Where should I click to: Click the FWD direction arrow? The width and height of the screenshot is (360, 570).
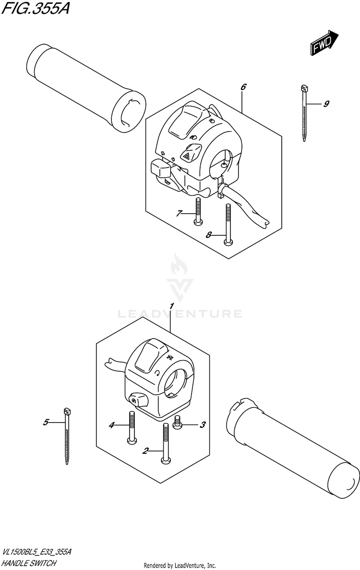(x=323, y=44)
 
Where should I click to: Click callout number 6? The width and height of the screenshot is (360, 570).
(x=243, y=87)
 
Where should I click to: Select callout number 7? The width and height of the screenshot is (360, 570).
(x=179, y=213)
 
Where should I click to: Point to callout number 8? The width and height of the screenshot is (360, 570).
(x=209, y=235)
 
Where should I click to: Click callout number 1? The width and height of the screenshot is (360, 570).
(x=170, y=306)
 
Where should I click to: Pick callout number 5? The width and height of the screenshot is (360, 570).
(x=46, y=422)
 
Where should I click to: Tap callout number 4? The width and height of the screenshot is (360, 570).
(x=111, y=424)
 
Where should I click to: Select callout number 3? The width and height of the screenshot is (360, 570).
(x=203, y=424)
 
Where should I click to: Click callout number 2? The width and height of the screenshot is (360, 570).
(x=145, y=450)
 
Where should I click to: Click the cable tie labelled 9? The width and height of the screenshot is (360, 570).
(x=304, y=113)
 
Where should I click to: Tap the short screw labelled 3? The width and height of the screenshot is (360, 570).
(x=177, y=423)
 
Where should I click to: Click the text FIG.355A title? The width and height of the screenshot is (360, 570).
(x=35, y=9)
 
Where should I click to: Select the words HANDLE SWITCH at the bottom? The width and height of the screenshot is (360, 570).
(x=30, y=563)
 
